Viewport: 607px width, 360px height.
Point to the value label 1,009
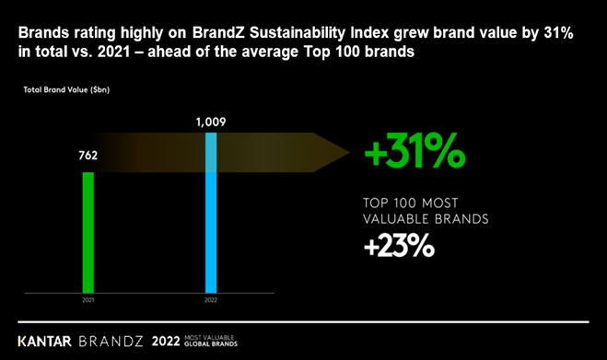tap(211, 120)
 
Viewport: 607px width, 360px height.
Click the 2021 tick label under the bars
tap(88, 300)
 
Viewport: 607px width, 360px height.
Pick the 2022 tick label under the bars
tap(211, 300)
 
